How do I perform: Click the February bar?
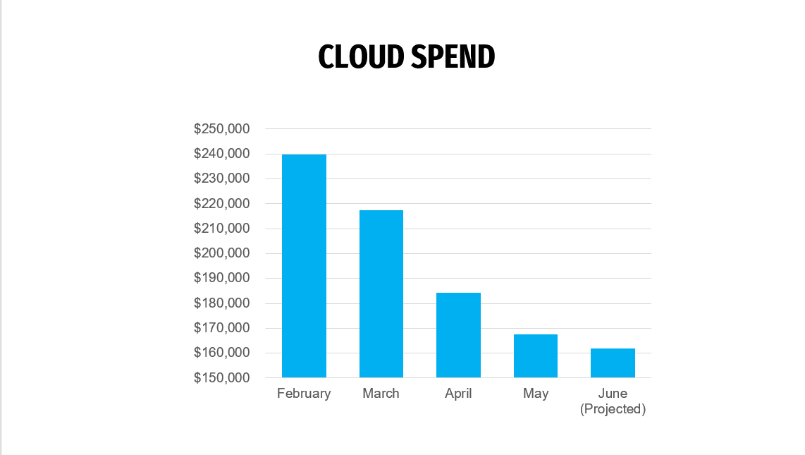(x=304, y=266)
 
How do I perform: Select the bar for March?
(x=381, y=293)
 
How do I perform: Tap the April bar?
(x=458, y=335)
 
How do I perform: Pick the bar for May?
(x=536, y=356)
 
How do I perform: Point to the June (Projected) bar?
(x=613, y=363)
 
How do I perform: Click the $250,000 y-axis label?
(x=222, y=129)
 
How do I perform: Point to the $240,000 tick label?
(x=222, y=154)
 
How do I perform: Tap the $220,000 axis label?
(x=222, y=204)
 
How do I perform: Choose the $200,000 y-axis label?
(x=222, y=253)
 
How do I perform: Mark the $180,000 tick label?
(x=222, y=303)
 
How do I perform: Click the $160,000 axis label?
(x=222, y=353)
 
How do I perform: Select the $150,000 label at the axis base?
(x=222, y=378)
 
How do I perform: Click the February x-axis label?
(x=304, y=394)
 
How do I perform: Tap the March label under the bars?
(x=381, y=394)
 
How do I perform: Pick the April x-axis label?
(x=458, y=394)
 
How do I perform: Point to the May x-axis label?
(x=536, y=394)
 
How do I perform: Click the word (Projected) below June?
(x=613, y=409)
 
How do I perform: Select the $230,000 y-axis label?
(x=222, y=178)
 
